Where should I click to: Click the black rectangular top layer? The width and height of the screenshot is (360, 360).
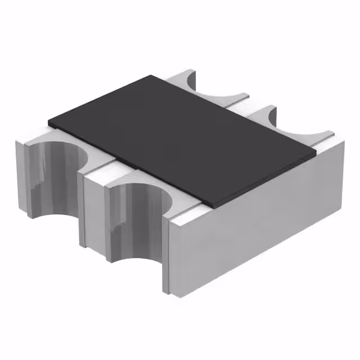tap(180, 135)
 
